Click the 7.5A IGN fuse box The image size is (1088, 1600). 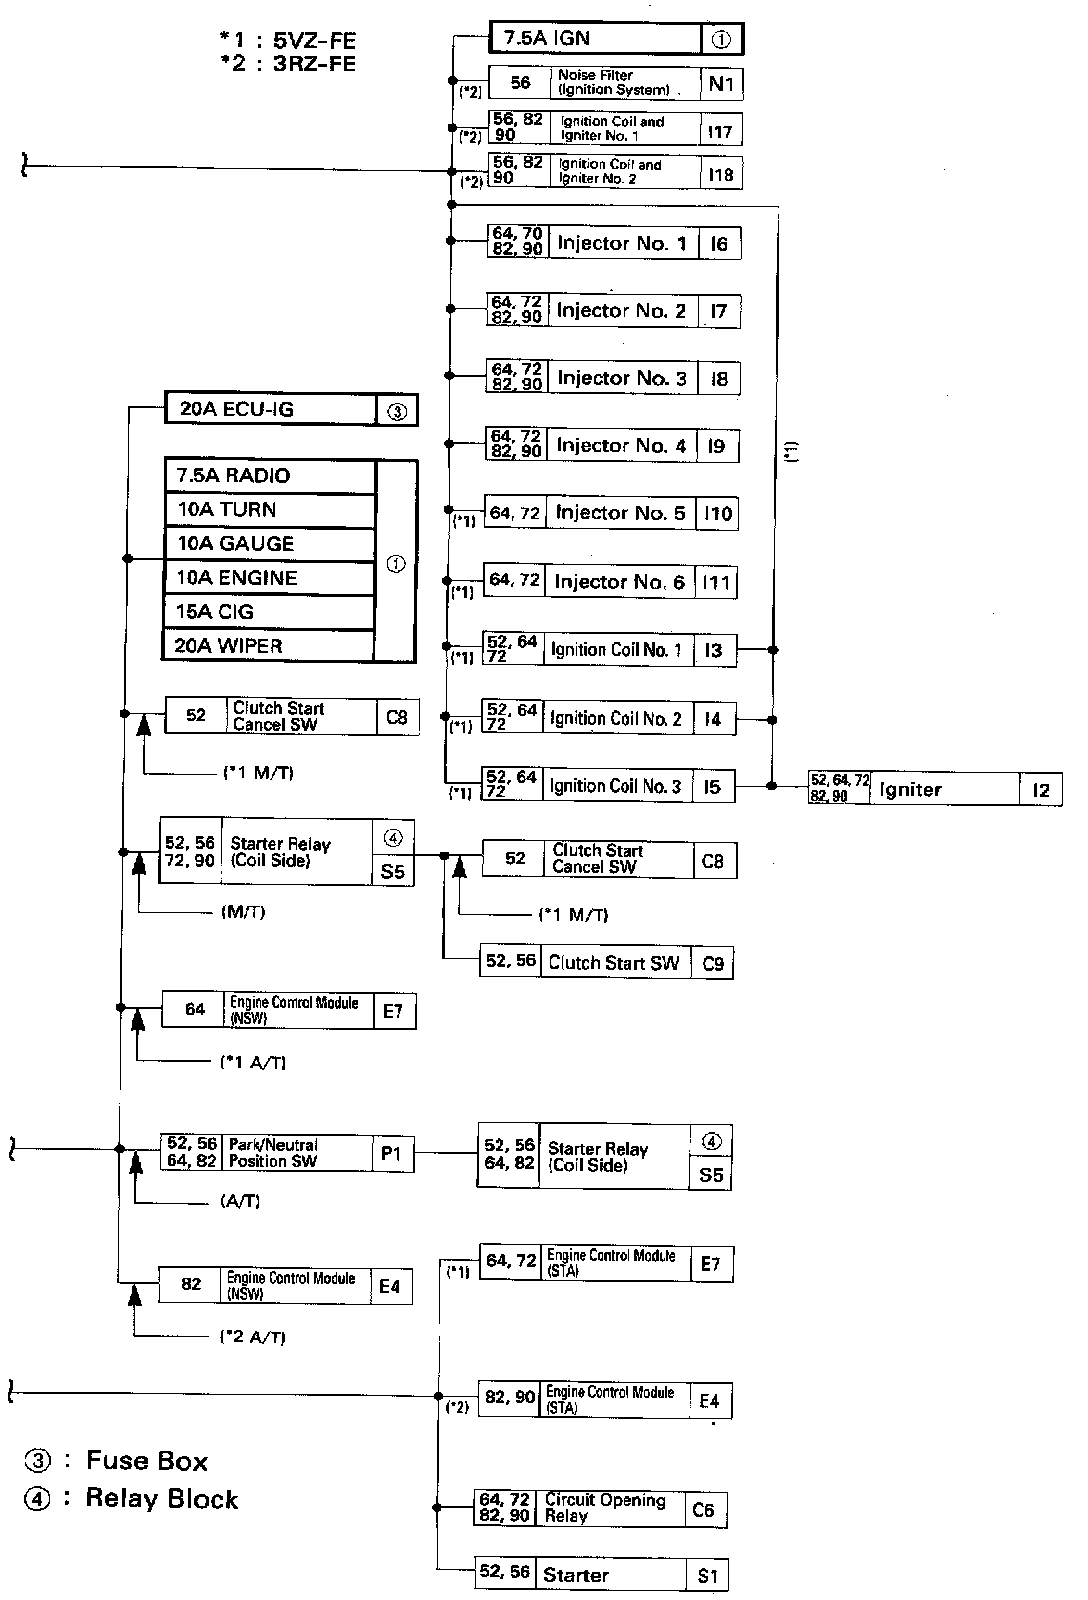click(x=596, y=39)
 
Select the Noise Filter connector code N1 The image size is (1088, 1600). click(x=721, y=83)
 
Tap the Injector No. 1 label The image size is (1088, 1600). click(x=622, y=243)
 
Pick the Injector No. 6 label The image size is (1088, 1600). click(x=619, y=582)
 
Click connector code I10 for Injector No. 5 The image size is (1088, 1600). click(x=717, y=514)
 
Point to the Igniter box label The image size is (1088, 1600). click(x=910, y=789)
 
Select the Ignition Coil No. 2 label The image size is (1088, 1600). click(x=615, y=718)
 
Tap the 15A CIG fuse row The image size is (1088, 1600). click(x=269, y=612)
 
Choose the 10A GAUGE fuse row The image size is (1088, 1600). click(x=269, y=544)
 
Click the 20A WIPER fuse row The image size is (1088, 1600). click(x=269, y=646)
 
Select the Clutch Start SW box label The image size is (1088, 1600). click(x=613, y=963)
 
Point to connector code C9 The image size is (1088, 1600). click(x=713, y=964)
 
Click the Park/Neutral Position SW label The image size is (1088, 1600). click(x=273, y=1153)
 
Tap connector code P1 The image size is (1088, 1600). click(x=391, y=1153)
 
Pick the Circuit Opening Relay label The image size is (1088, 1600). click(x=605, y=1508)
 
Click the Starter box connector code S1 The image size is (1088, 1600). click(x=708, y=1576)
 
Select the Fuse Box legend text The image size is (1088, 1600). click(x=146, y=1461)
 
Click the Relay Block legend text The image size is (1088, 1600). click(x=161, y=1499)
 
